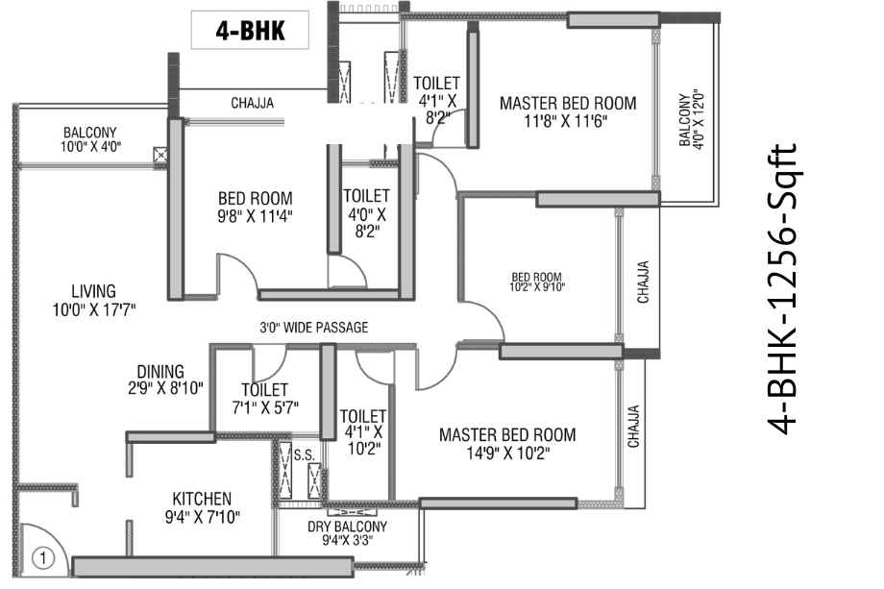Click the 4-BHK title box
click(250, 30)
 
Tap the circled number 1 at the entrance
click(43, 558)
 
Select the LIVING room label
click(93, 291)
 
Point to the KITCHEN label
click(202, 499)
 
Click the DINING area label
click(160, 372)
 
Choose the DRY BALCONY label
click(347, 527)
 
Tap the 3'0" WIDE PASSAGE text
click(314, 327)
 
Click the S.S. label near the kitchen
click(304, 454)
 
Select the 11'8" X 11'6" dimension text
click(565, 121)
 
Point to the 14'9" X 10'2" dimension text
click(508, 453)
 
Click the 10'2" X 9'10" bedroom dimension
click(537, 287)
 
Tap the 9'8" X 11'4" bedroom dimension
click(256, 216)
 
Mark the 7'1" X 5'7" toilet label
click(265, 407)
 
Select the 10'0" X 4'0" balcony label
click(90, 147)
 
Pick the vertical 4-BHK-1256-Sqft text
click(783, 289)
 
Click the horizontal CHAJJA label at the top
click(252, 103)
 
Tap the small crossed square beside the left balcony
click(160, 154)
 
